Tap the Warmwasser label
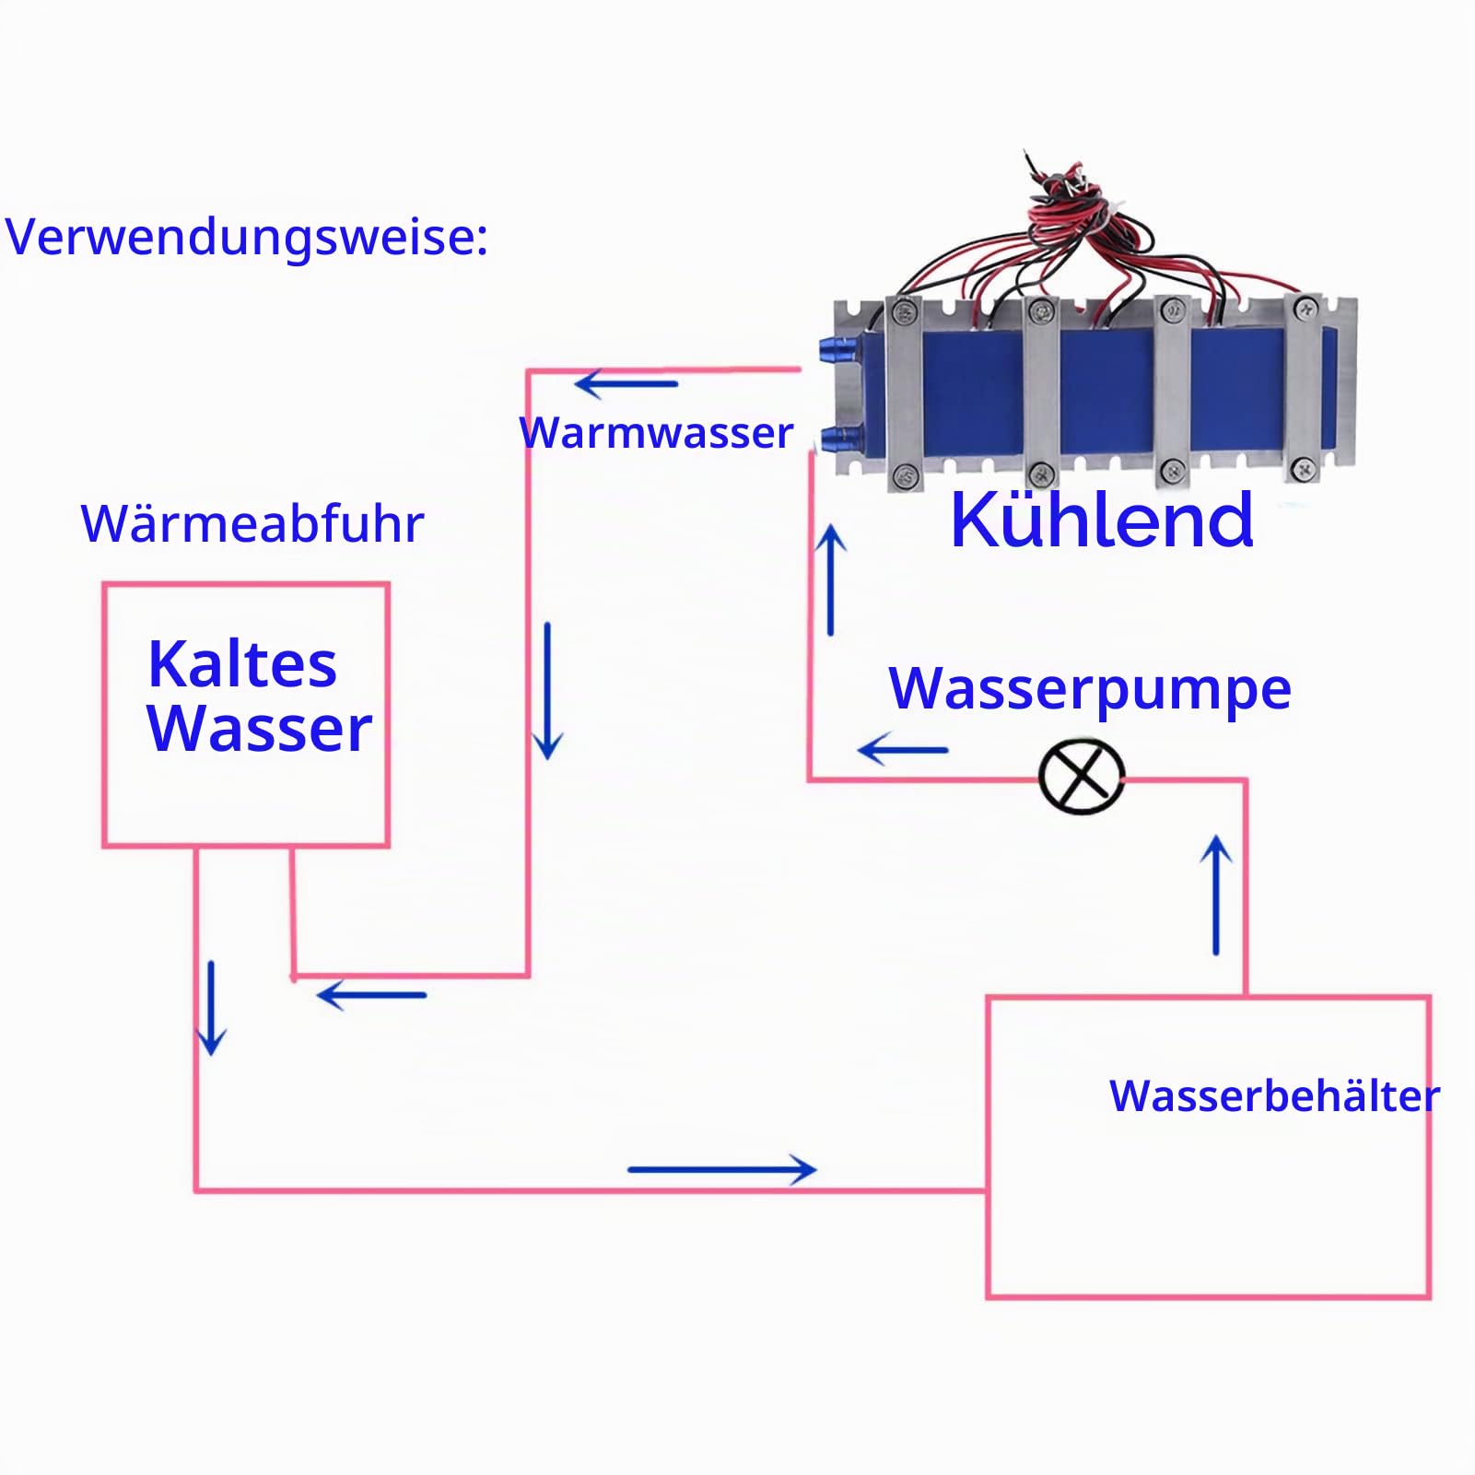656,432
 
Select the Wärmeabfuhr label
252,523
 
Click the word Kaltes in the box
242,663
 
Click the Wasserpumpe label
1090,689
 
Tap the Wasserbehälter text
1274,1095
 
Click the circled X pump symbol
1082,776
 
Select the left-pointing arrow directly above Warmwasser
626,383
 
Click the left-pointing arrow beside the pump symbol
903,750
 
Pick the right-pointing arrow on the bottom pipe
722,1170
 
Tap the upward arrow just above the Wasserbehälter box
1216,895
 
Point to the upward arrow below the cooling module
831,579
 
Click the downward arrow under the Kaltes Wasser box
212,1008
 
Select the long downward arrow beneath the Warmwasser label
548,691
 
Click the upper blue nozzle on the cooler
838,348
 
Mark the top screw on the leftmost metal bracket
904,311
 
